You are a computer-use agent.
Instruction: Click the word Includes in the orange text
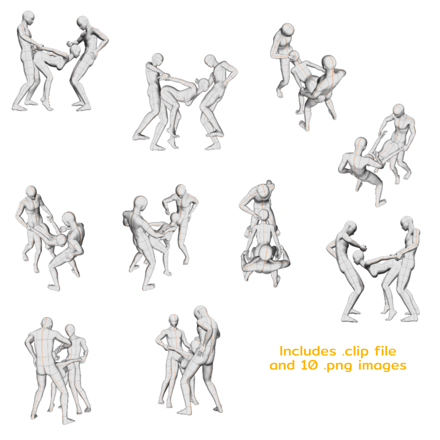pos(308,352)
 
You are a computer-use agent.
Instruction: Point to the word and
pos(282,366)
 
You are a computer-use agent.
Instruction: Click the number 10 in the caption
pos(310,366)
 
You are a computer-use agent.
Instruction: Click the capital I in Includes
pos(282,352)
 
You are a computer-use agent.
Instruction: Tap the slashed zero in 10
pos(313,366)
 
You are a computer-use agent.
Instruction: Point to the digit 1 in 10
pos(304,366)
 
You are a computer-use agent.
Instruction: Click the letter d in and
pos(291,366)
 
